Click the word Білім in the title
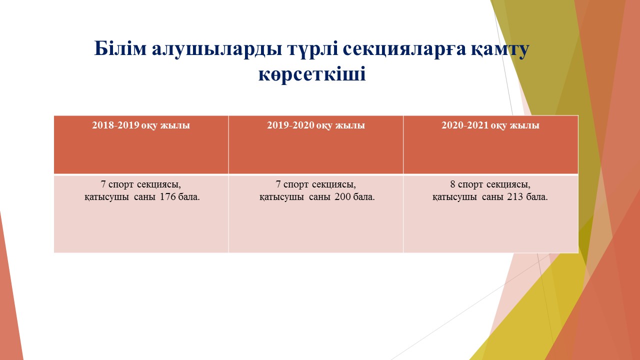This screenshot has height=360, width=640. point(120,48)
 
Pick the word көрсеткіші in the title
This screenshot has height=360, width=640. point(312,74)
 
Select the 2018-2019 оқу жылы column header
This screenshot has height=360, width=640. point(141,125)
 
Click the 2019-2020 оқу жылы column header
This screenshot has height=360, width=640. point(315,125)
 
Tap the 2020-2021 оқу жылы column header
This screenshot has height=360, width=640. point(490,125)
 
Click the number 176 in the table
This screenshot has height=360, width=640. point(167,196)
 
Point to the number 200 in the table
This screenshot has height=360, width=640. point(342,196)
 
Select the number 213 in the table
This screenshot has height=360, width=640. point(515,196)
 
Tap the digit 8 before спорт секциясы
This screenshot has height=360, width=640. point(452,184)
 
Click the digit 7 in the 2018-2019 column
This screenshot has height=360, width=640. point(103,184)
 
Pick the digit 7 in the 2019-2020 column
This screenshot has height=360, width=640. point(278,184)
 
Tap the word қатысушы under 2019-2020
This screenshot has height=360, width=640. point(281,197)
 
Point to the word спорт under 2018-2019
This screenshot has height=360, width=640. point(121,185)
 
